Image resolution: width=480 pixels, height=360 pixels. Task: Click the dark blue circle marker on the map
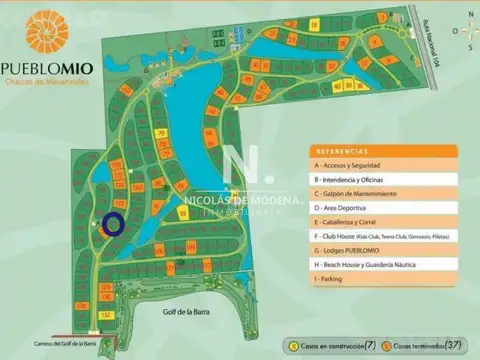click(x=114, y=223)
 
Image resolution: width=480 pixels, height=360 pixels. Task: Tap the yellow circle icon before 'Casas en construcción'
click(x=292, y=345)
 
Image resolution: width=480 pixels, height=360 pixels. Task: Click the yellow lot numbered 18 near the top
click(x=314, y=22)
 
